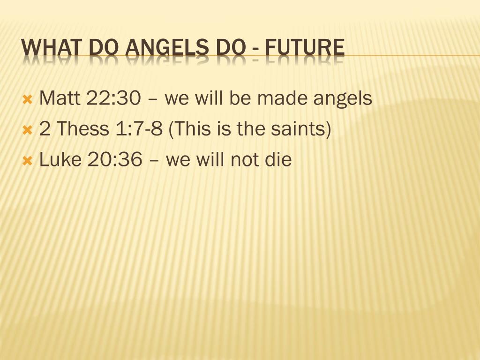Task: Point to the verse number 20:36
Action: click(x=114, y=160)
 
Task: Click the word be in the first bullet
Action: click(x=240, y=98)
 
